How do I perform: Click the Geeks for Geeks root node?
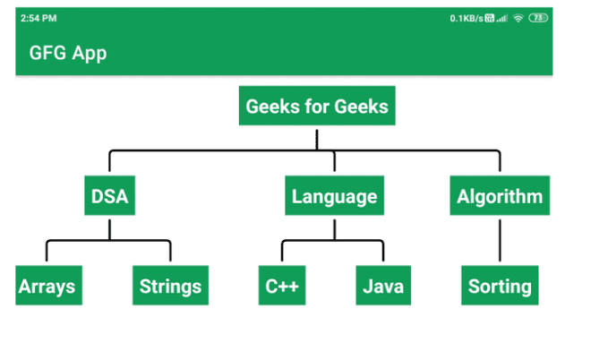317,107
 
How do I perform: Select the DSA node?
110,196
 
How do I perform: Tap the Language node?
334,196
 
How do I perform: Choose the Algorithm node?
500,196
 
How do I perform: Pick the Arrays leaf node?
47,287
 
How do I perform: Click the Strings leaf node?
170,287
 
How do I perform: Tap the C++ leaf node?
282,287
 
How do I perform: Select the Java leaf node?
383,287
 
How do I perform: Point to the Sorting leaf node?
500,287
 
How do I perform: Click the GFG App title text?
68,53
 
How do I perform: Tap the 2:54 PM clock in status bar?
39,18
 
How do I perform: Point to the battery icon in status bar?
538,18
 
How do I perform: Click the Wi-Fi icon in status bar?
518,18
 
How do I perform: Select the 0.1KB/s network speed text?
466,18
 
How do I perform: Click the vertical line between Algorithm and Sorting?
500,239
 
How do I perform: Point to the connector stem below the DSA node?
110,227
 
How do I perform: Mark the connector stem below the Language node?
334,227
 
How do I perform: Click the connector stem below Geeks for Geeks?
317,138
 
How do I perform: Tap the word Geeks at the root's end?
362,107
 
